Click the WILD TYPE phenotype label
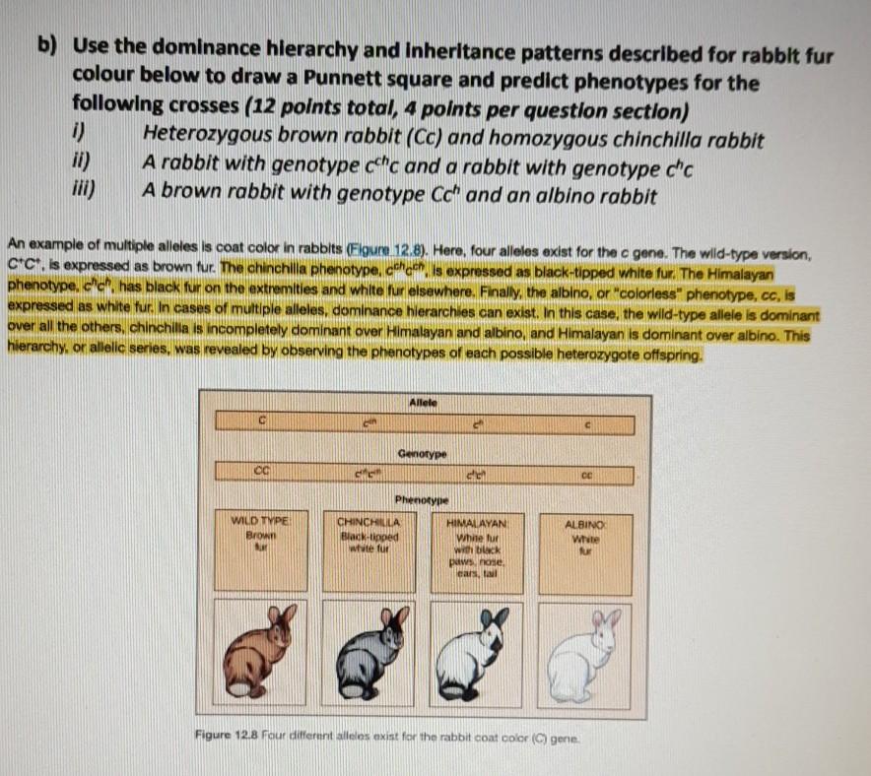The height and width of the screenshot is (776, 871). [258, 519]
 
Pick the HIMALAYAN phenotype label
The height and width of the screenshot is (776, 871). [478, 519]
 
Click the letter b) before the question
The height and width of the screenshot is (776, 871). [45, 45]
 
